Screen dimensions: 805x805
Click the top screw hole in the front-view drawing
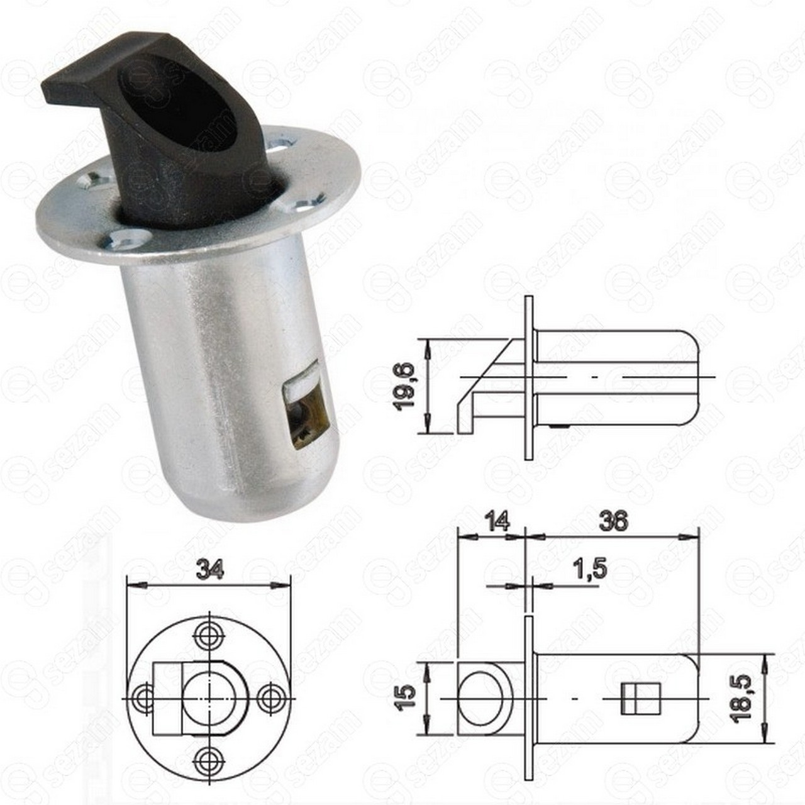click(x=208, y=644)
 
